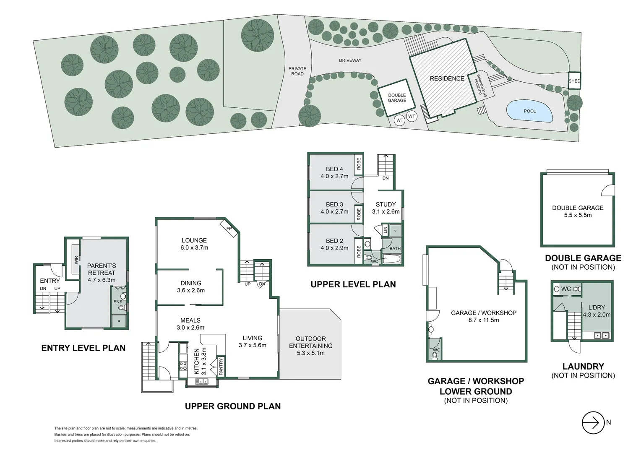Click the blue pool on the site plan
point(530,111)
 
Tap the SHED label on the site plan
point(574,81)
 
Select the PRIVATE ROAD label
point(297,71)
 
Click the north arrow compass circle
point(593,422)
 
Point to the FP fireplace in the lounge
point(229,228)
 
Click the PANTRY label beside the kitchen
point(221,367)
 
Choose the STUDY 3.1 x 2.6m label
point(386,208)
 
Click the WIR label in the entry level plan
point(76,260)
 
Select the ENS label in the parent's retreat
point(117,302)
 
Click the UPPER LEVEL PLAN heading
point(353,284)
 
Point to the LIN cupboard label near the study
point(385,229)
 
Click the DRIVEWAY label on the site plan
point(350,60)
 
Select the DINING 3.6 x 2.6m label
point(191,287)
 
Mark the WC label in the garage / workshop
point(436,350)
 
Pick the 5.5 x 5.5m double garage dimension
point(578,215)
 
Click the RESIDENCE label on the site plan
point(447,78)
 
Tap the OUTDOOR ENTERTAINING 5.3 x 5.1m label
point(311,346)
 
